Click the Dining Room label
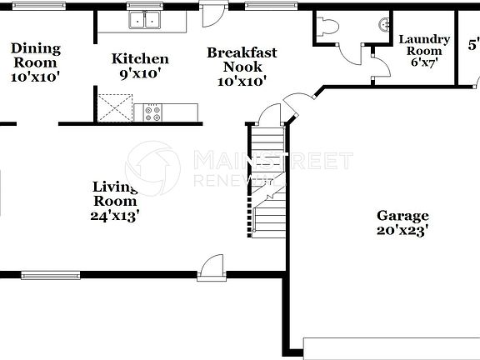click(35, 55)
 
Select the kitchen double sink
click(146, 21)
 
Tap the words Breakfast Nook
click(242, 60)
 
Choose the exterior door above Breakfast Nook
click(214, 14)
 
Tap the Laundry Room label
click(424, 45)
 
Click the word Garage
click(402, 215)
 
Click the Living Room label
click(114, 193)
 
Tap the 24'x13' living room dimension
click(114, 215)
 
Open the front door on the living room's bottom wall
click(212, 266)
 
